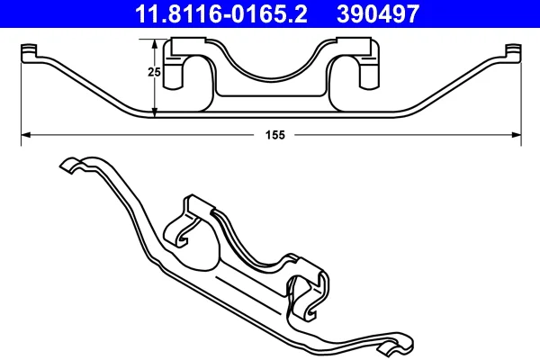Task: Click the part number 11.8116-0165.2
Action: (x=221, y=13)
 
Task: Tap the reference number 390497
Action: (x=378, y=13)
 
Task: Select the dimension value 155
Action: (x=275, y=135)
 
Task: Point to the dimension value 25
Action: (x=154, y=72)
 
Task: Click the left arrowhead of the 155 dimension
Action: (x=26, y=135)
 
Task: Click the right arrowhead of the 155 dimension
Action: (x=517, y=135)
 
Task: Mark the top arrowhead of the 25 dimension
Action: (x=155, y=44)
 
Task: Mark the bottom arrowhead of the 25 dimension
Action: (x=155, y=112)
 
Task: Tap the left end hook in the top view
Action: (x=29, y=53)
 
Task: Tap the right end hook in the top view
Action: (x=514, y=53)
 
